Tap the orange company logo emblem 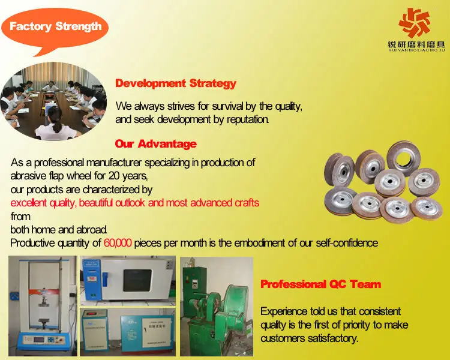(x=415, y=22)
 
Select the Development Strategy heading (x=176, y=83)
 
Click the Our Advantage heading (x=155, y=143)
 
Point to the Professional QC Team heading (x=321, y=284)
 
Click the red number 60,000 (x=118, y=243)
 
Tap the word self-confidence (x=347, y=243)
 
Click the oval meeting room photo (x=53, y=101)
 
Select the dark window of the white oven (x=137, y=280)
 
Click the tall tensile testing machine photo (x=43, y=306)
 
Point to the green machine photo (x=217, y=307)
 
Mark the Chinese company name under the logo (x=416, y=45)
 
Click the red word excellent (x=29, y=203)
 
